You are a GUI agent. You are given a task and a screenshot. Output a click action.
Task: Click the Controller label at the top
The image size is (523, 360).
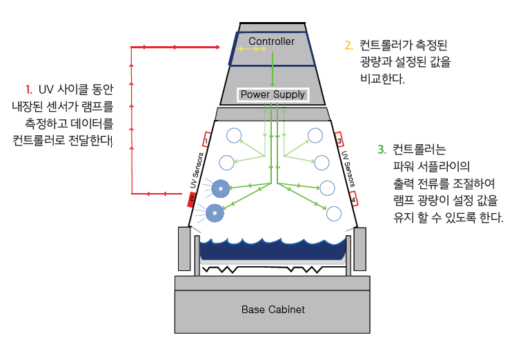point(271,41)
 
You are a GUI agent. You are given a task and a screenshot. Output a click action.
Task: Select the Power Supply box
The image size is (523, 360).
point(272,94)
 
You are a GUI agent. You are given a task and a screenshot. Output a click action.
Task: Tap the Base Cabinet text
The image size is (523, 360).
point(273,309)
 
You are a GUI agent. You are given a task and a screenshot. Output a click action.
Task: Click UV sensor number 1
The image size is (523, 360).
point(206,141)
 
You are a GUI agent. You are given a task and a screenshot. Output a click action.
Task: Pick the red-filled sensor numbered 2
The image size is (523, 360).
point(192,199)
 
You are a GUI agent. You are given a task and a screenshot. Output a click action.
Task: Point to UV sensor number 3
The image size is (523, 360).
point(339,141)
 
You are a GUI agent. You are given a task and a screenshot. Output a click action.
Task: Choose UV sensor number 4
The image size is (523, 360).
point(353,199)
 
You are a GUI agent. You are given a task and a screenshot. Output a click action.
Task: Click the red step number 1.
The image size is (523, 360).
point(28,89)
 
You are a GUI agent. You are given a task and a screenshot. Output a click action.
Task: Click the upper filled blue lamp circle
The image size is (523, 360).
point(221,187)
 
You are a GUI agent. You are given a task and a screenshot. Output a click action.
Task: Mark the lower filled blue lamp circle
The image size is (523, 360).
point(215,213)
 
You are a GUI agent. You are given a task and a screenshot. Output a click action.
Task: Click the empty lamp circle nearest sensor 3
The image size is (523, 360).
point(318,137)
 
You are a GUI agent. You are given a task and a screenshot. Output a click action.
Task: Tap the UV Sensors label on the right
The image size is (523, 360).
point(348,170)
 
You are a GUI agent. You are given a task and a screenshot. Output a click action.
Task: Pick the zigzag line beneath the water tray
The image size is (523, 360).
point(273,268)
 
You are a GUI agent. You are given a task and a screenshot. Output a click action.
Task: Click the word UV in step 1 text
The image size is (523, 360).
point(46,89)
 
